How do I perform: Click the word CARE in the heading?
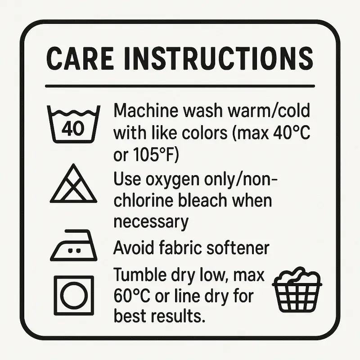coord(80,58)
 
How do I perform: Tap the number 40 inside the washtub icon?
coord(73,128)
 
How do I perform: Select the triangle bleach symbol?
coord(73,183)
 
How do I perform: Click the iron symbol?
coord(73,245)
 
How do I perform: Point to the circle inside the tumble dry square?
coord(74,295)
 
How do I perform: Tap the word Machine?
coord(146,110)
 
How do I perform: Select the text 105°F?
coord(153,155)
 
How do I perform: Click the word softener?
coord(238,247)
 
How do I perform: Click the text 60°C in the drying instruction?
coord(132,296)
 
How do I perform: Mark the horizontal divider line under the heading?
coord(180,86)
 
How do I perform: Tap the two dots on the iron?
coord(74,251)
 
